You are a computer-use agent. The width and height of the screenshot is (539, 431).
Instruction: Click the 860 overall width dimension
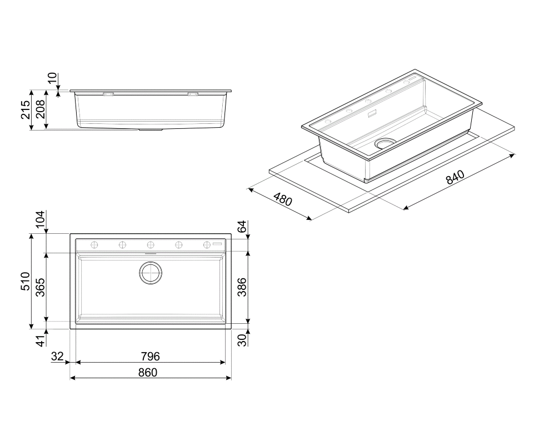148,372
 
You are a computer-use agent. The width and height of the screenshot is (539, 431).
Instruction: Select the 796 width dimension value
150,357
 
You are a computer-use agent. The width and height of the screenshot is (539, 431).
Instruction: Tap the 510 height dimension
26,281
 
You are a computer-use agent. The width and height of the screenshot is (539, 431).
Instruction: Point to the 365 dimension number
41,287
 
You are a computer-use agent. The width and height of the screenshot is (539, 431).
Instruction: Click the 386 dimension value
242,287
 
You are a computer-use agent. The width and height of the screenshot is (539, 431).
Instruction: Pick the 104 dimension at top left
41,219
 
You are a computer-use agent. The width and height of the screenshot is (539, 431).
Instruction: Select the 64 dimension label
242,227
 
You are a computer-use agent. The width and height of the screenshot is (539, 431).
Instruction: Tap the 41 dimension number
41,340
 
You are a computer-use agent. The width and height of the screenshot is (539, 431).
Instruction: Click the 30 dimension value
242,340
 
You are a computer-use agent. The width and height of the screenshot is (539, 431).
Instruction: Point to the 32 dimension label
57,357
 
